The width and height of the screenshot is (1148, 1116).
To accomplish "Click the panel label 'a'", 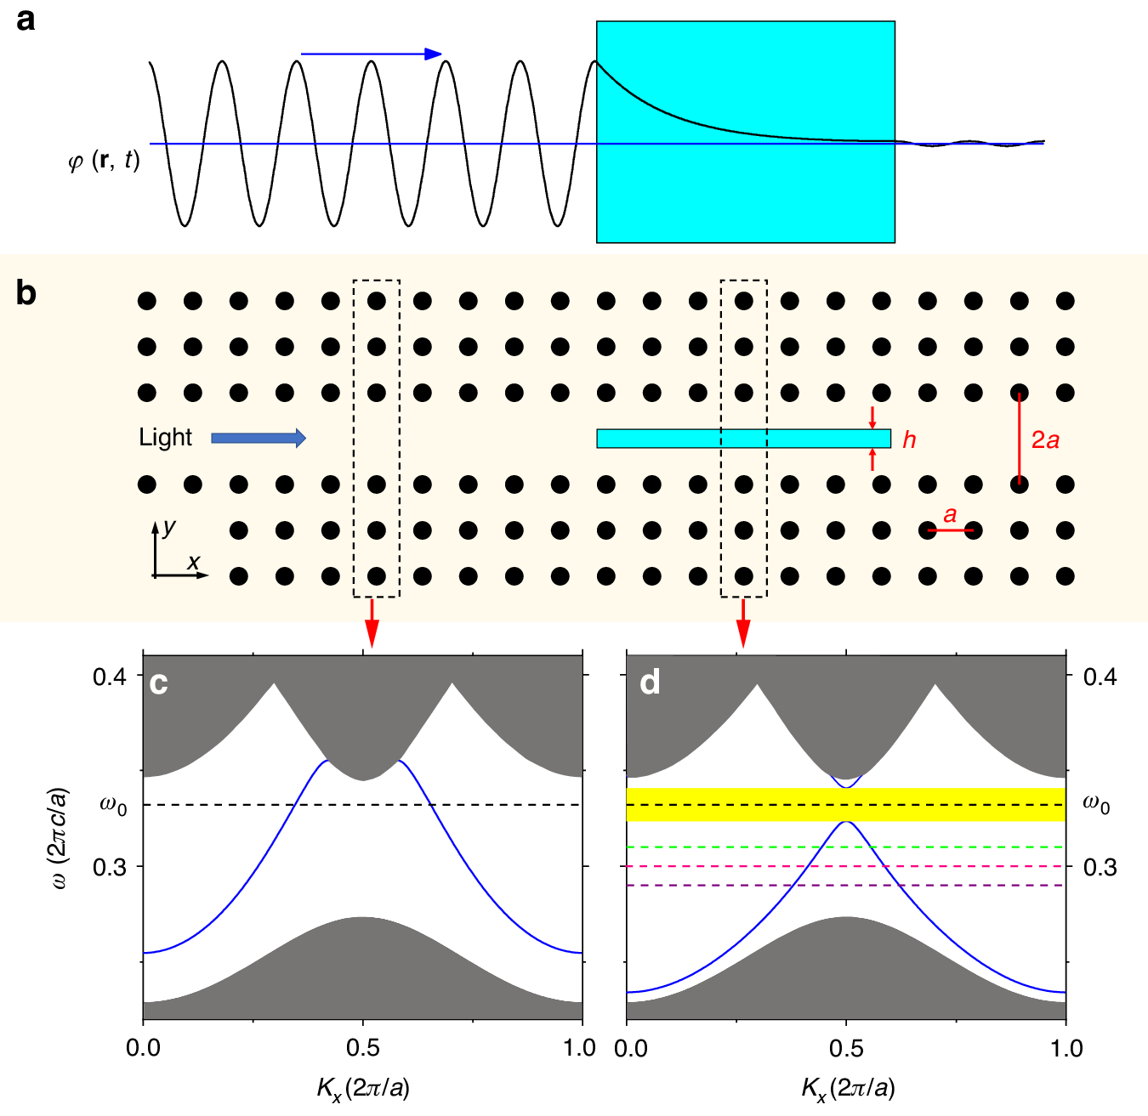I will click(x=26, y=19).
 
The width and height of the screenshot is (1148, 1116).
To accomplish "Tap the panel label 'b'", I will click(x=26, y=292).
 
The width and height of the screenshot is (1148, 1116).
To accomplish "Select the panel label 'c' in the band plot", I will click(x=158, y=683).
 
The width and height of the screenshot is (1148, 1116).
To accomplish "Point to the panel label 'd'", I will click(x=650, y=682).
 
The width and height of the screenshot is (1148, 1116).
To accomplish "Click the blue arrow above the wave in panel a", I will click(x=372, y=54).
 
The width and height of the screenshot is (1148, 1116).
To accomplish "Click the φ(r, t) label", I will click(x=104, y=160).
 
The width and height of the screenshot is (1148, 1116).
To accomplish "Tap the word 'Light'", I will click(x=165, y=437).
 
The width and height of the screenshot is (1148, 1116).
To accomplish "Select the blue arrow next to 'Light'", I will click(x=258, y=438).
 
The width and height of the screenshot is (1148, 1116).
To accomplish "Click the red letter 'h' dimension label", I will click(x=909, y=439).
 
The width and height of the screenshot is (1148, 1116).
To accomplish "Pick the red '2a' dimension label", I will click(x=1045, y=439).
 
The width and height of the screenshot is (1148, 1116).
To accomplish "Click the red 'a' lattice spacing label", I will click(x=950, y=515).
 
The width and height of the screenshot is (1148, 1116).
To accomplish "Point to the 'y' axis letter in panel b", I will click(x=169, y=527).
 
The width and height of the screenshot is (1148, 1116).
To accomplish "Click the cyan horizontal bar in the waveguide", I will click(x=743, y=438).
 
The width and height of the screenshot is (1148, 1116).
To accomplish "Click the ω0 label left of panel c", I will click(x=113, y=804).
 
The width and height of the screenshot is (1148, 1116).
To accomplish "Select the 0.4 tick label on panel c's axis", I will click(x=109, y=677).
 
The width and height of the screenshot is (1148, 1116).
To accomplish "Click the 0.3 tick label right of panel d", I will click(x=1100, y=867).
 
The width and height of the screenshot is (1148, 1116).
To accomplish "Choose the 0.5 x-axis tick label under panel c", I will click(x=363, y=1048).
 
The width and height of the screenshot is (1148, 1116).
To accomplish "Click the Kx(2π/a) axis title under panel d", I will click(x=848, y=1087).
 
